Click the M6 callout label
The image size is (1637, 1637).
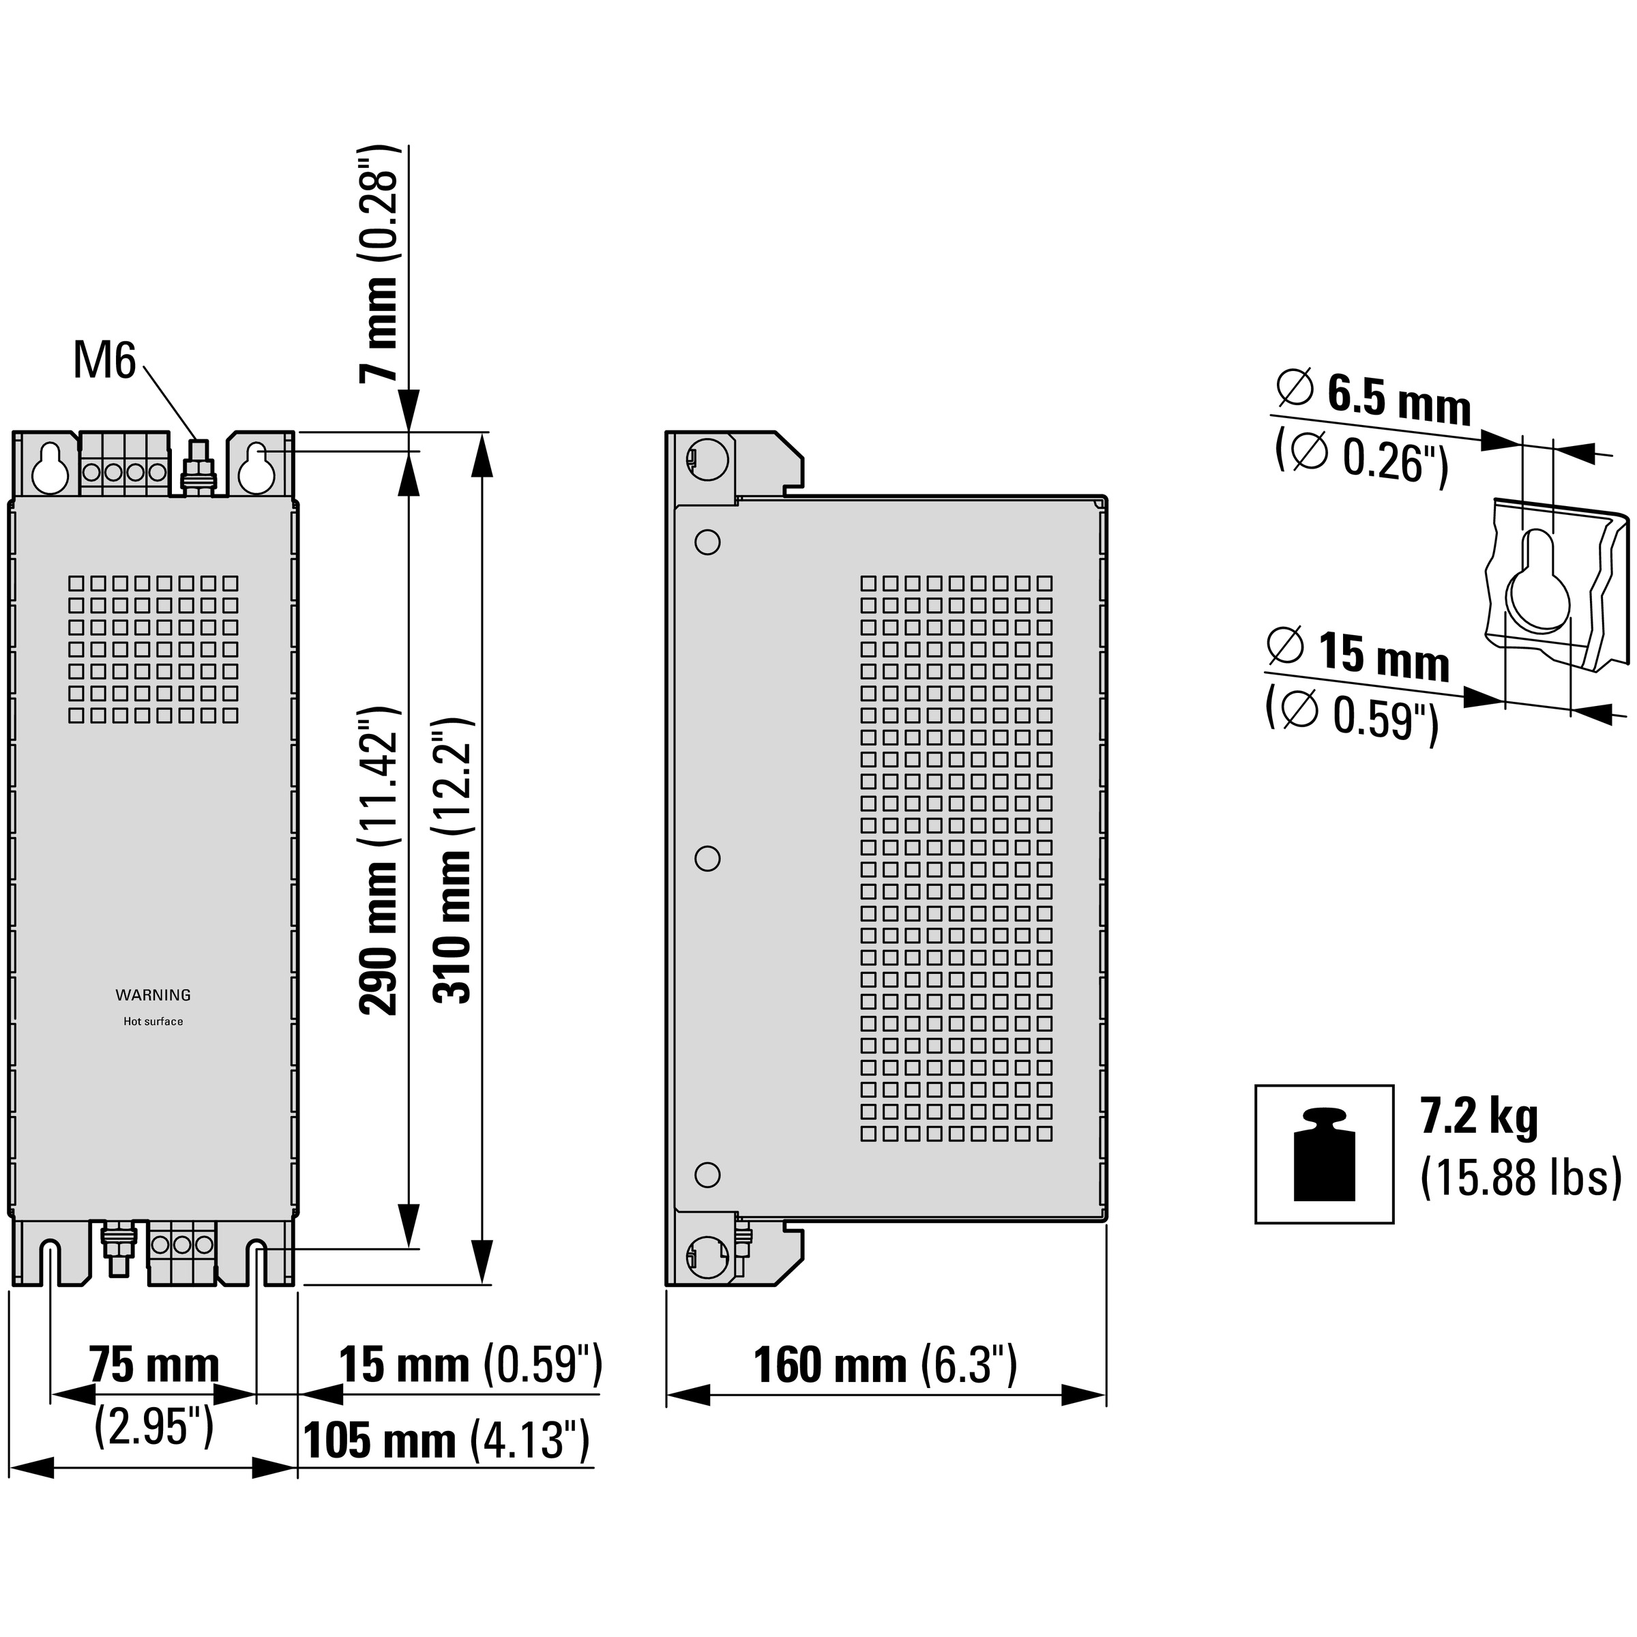104,361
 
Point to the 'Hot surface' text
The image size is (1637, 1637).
153,1021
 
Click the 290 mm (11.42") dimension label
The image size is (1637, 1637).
378,859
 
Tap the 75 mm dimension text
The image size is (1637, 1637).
154,1365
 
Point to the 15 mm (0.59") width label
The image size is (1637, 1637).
470,1365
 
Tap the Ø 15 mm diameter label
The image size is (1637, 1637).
1357,654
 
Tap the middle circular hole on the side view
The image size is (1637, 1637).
707,858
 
